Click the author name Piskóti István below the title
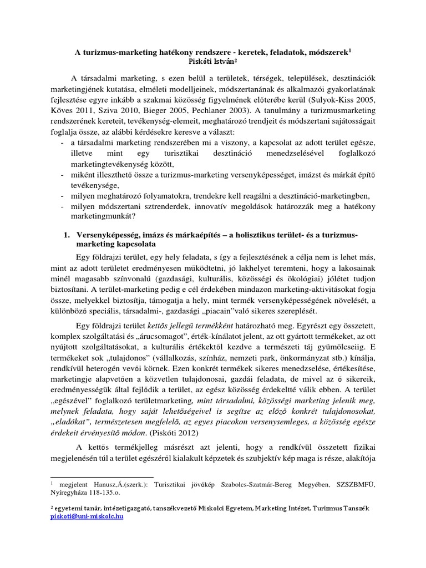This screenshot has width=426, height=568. pyautogui.click(x=213, y=62)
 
